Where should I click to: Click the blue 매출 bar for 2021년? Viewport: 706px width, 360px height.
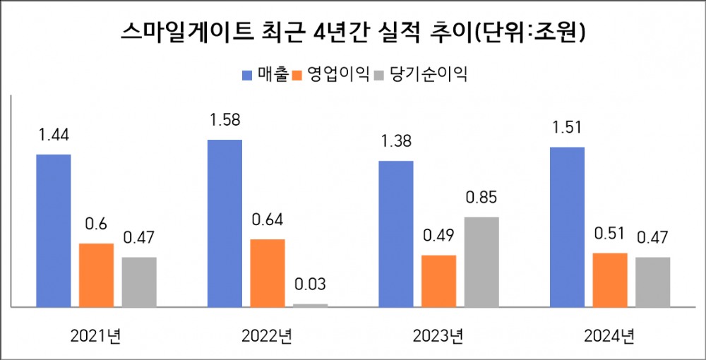(x=54, y=230)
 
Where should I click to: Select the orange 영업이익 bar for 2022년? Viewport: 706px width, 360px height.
(x=268, y=272)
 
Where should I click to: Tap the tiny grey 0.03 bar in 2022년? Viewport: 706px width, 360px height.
(x=311, y=305)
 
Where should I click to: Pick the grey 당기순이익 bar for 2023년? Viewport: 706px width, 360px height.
(x=481, y=261)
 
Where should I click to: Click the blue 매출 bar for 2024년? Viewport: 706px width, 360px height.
(x=567, y=227)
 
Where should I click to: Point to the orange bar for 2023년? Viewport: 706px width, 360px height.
(x=438, y=281)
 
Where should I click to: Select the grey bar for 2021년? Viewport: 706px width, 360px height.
(x=139, y=282)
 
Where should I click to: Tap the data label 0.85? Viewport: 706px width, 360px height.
(x=481, y=198)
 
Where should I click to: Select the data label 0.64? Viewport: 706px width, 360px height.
(x=268, y=220)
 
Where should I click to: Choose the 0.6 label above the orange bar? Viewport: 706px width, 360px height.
(x=96, y=224)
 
